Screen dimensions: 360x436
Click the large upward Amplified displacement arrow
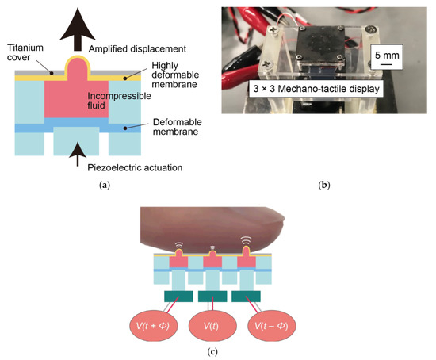coord(76,27)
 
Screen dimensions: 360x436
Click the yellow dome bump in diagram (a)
coord(76,63)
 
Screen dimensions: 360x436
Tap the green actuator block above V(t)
coord(212,297)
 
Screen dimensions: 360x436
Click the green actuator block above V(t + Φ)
coord(178,297)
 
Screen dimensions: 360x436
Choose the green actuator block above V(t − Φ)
coord(247,297)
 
